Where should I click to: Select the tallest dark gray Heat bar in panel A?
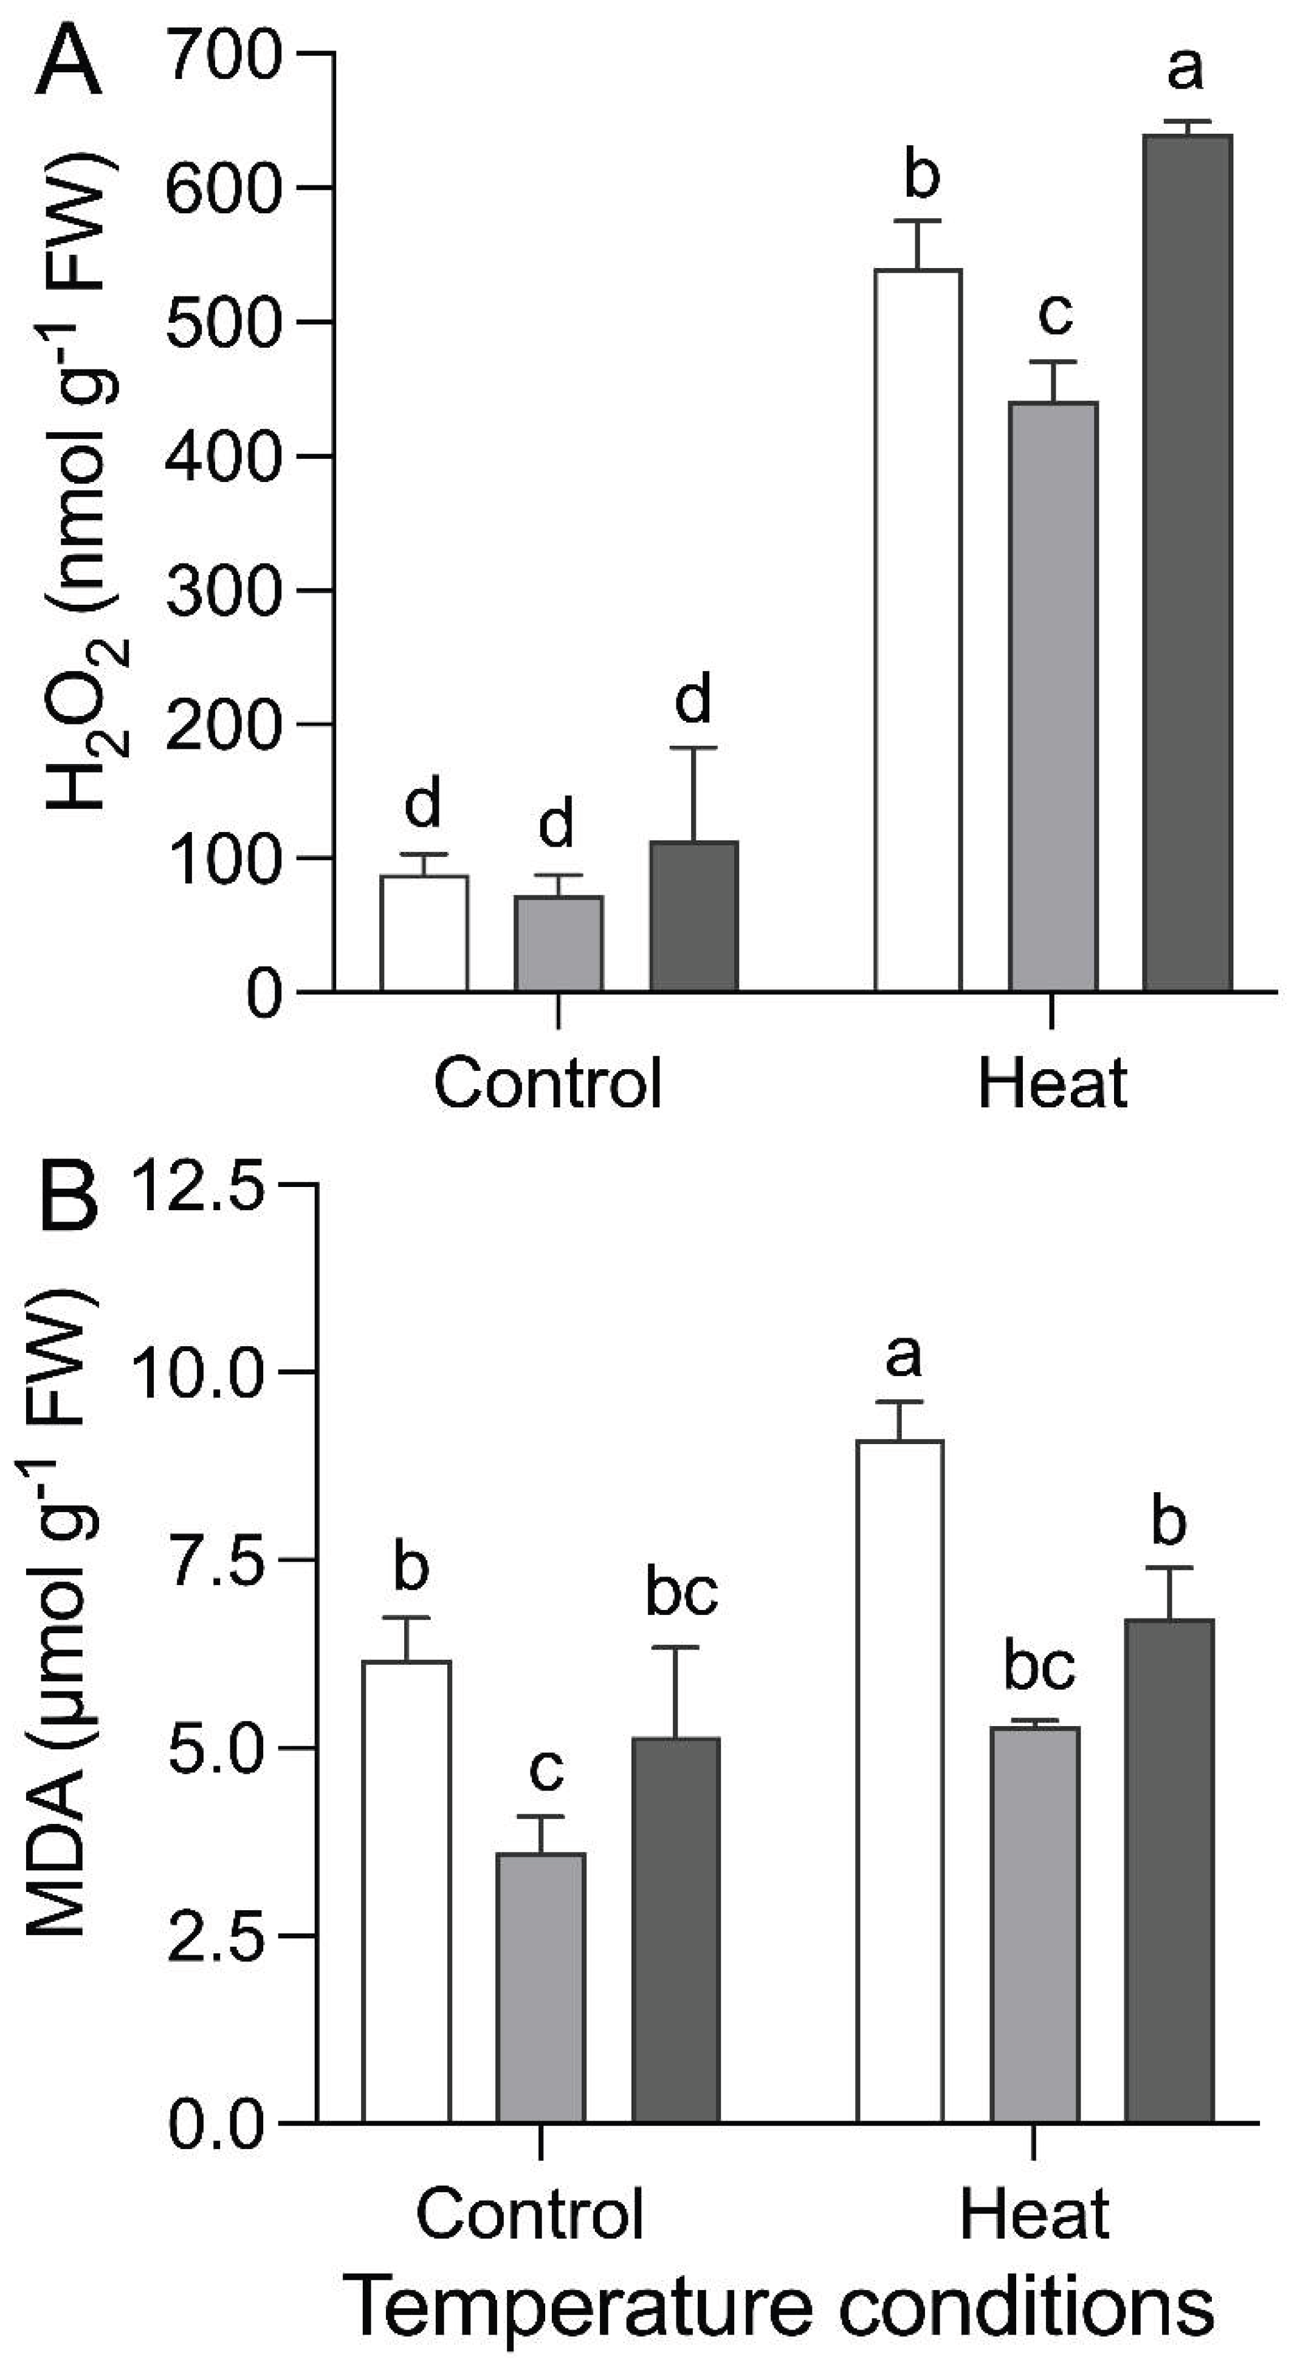[x=1187, y=562]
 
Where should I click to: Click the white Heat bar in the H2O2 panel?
[x=918, y=630]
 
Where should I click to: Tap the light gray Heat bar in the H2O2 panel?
[x=1053, y=697]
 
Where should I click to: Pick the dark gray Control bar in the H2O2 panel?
[x=694, y=916]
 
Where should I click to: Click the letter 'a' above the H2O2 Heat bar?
[x=1185, y=68]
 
